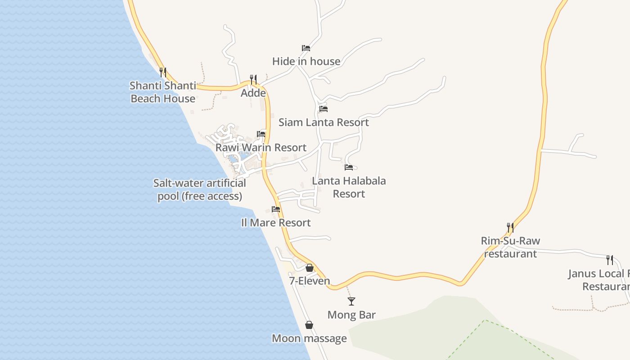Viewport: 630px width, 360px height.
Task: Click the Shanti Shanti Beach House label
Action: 163,92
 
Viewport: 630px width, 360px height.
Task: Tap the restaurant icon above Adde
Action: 253,80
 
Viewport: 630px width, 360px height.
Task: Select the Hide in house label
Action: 306,61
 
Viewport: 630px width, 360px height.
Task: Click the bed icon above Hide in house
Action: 306,48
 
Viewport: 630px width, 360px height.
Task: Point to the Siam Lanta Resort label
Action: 324,122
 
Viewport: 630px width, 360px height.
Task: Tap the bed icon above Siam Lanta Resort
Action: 324,108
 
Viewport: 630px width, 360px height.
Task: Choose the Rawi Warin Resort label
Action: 261,148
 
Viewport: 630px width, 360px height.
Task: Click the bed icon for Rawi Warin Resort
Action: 261,134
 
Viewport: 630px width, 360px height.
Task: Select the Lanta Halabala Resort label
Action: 349,187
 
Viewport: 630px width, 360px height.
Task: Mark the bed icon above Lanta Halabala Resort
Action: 349,167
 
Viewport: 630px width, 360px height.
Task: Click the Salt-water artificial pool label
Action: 200,190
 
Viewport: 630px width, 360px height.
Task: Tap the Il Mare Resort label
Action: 276,223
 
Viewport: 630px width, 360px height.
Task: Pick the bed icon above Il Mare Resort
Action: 276,209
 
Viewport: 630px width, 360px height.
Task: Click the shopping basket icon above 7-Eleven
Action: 310,268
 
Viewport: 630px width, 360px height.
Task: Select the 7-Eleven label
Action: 310,281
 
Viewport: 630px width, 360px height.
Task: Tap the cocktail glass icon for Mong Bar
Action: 351,301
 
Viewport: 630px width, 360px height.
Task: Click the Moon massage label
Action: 309,338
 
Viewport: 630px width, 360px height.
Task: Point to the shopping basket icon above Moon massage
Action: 309,325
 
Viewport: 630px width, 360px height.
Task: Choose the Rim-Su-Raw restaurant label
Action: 510,247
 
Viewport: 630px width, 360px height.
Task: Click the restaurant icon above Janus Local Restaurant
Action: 610,260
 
